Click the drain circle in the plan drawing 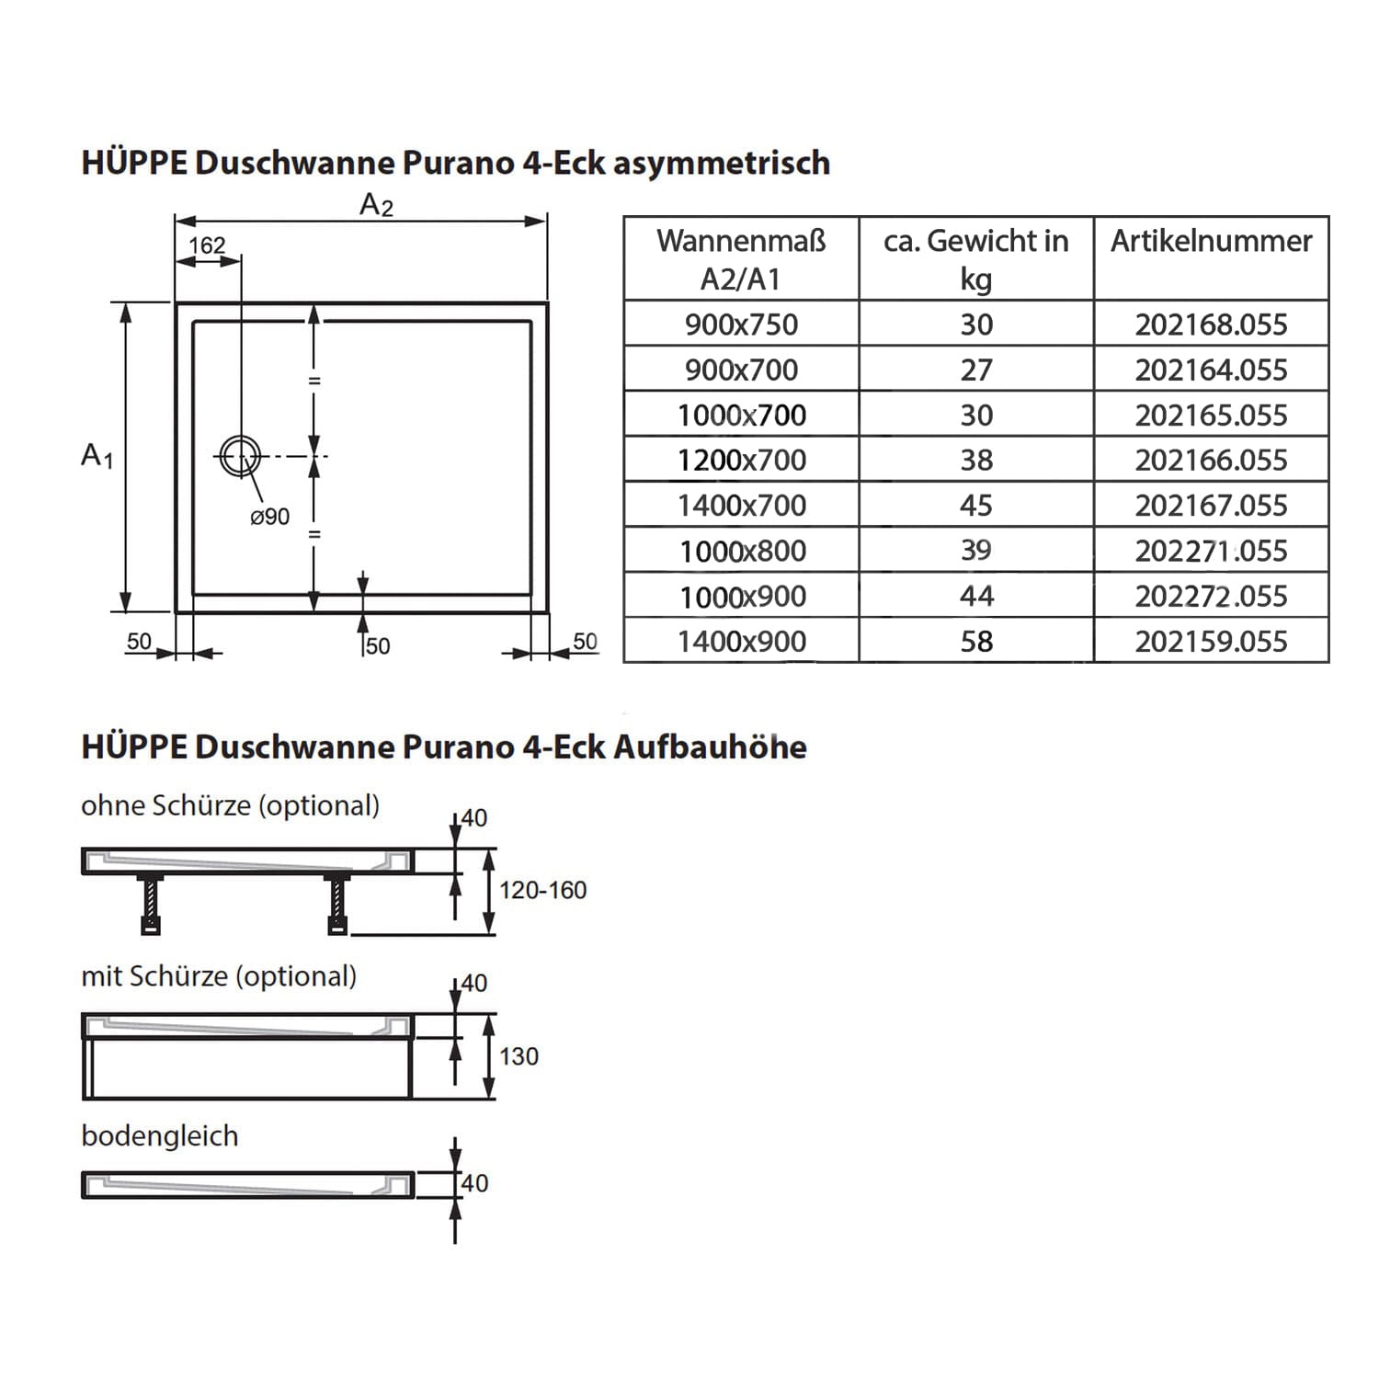(240, 456)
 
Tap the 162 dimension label (207, 245)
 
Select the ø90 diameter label (269, 518)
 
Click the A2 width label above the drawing (376, 204)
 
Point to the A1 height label (97, 456)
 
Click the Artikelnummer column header (1211, 241)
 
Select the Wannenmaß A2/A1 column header (741, 259)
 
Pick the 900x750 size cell (741, 325)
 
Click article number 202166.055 (1211, 460)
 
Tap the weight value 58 (976, 641)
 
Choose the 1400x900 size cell (741, 641)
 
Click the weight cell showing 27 (976, 370)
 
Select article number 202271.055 (1211, 551)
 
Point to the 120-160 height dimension (542, 890)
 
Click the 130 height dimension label (519, 1056)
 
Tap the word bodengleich (160, 1136)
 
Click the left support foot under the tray (151, 906)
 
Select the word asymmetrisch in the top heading (721, 163)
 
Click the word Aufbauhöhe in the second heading (710, 747)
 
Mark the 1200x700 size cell (741, 460)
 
